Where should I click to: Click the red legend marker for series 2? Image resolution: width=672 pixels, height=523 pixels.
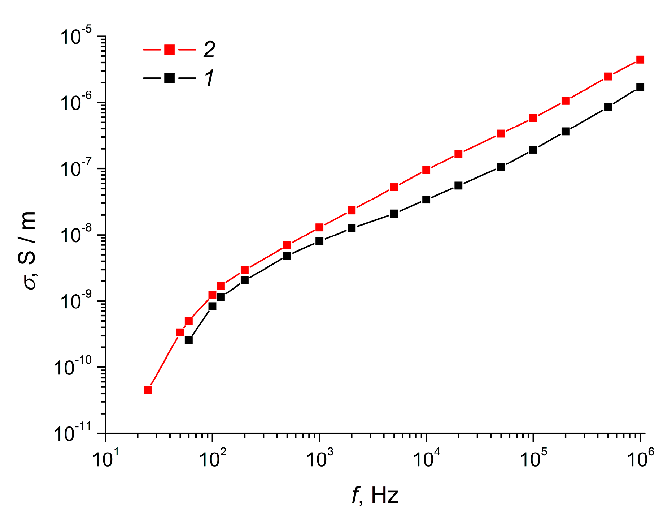coord(169,50)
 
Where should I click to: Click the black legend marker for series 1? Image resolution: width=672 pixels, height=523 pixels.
coord(169,78)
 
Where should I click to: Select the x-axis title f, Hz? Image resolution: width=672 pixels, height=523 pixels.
coord(375,495)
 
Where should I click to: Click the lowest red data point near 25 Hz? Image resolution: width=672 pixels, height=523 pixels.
coord(148,390)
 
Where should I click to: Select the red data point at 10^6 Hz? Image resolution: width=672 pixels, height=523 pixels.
coord(640,60)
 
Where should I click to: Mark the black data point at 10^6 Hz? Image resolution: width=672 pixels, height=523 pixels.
coord(640,87)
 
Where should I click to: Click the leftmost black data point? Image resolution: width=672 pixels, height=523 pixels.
coord(189,340)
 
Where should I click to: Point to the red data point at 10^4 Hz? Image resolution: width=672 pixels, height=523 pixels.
coord(426,170)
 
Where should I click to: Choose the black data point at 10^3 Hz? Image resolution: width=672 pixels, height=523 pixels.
coord(319,241)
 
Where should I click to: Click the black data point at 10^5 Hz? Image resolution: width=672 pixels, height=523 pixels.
coord(533,150)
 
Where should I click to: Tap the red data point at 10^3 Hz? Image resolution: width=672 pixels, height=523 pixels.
coord(319,227)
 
